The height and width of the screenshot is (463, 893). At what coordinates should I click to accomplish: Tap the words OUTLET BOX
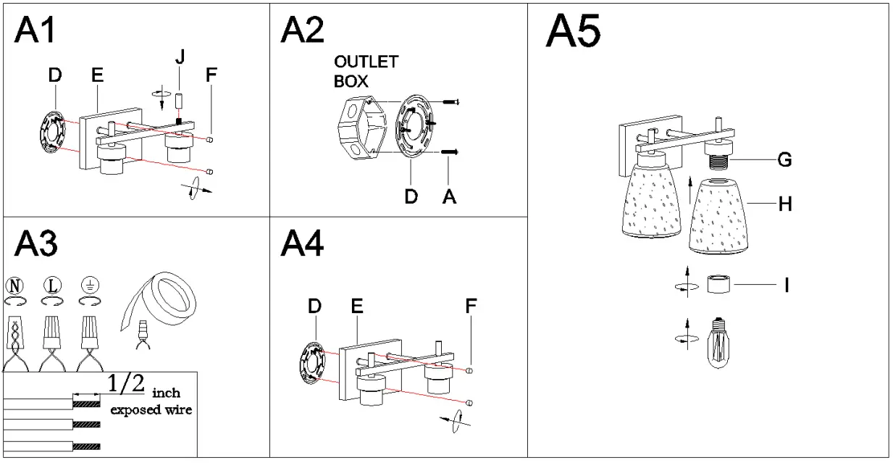pyautogui.click(x=365, y=71)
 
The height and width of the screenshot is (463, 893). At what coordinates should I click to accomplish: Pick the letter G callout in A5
pyautogui.click(x=784, y=159)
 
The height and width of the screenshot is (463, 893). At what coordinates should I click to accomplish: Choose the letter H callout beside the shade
pyautogui.click(x=784, y=205)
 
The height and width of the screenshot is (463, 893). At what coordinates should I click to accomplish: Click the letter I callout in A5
pyautogui.click(x=786, y=285)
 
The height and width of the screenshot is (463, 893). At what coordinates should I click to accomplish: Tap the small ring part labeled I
pyautogui.click(x=719, y=283)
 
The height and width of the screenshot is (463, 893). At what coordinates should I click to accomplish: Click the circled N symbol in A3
pyautogui.click(x=15, y=285)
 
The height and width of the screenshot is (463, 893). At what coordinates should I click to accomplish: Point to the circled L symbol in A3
pyautogui.click(x=51, y=285)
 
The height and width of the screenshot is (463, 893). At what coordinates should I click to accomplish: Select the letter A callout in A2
pyautogui.click(x=449, y=196)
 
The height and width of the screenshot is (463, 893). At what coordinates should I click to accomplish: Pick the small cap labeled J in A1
pyautogui.click(x=179, y=102)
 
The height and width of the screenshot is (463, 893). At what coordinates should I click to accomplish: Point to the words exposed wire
pyautogui.click(x=151, y=410)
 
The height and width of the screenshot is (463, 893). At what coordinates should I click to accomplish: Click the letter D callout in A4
pyautogui.click(x=314, y=307)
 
